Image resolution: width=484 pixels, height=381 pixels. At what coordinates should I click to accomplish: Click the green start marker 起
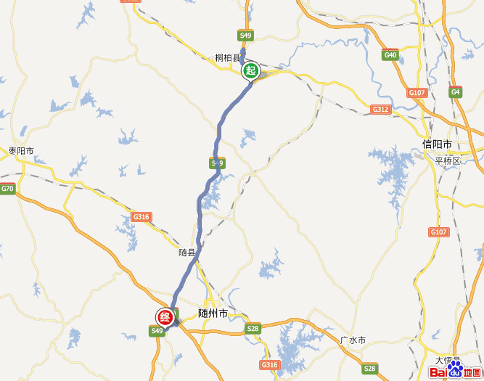tap(250, 70)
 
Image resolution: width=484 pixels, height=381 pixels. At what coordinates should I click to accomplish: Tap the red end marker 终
tap(165, 317)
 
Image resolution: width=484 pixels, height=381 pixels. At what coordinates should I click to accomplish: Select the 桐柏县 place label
tap(227, 58)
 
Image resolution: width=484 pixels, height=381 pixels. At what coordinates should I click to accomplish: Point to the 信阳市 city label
tap(437, 144)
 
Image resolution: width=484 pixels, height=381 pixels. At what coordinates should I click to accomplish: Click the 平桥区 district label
tap(448, 160)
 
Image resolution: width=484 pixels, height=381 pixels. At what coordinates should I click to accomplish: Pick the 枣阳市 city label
tap(22, 151)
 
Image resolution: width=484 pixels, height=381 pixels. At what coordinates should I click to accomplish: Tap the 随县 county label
tap(187, 253)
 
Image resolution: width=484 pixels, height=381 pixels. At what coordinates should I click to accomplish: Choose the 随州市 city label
tap(213, 314)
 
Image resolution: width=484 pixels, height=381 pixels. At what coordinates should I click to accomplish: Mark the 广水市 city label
tap(353, 340)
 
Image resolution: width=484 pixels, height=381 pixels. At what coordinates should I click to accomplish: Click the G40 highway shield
tap(390, 55)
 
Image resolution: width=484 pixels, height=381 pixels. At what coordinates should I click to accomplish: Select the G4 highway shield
tap(455, 91)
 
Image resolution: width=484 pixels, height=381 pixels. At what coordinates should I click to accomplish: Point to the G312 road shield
tap(380, 109)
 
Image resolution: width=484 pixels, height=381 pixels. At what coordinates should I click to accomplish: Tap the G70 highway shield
tap(7, 189)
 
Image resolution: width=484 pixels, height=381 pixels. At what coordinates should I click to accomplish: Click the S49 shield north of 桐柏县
tap(245, 35)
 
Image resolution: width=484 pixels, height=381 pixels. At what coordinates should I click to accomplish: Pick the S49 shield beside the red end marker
tap(157, 331)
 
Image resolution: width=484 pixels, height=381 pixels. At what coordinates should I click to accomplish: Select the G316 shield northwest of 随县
tap(141, 216)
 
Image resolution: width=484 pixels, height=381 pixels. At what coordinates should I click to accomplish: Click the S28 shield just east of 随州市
tap(253, 329)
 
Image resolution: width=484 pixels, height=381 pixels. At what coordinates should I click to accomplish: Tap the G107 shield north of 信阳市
tap(417, 93)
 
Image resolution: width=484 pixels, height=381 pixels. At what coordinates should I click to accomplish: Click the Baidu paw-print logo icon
tap(455, 371)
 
